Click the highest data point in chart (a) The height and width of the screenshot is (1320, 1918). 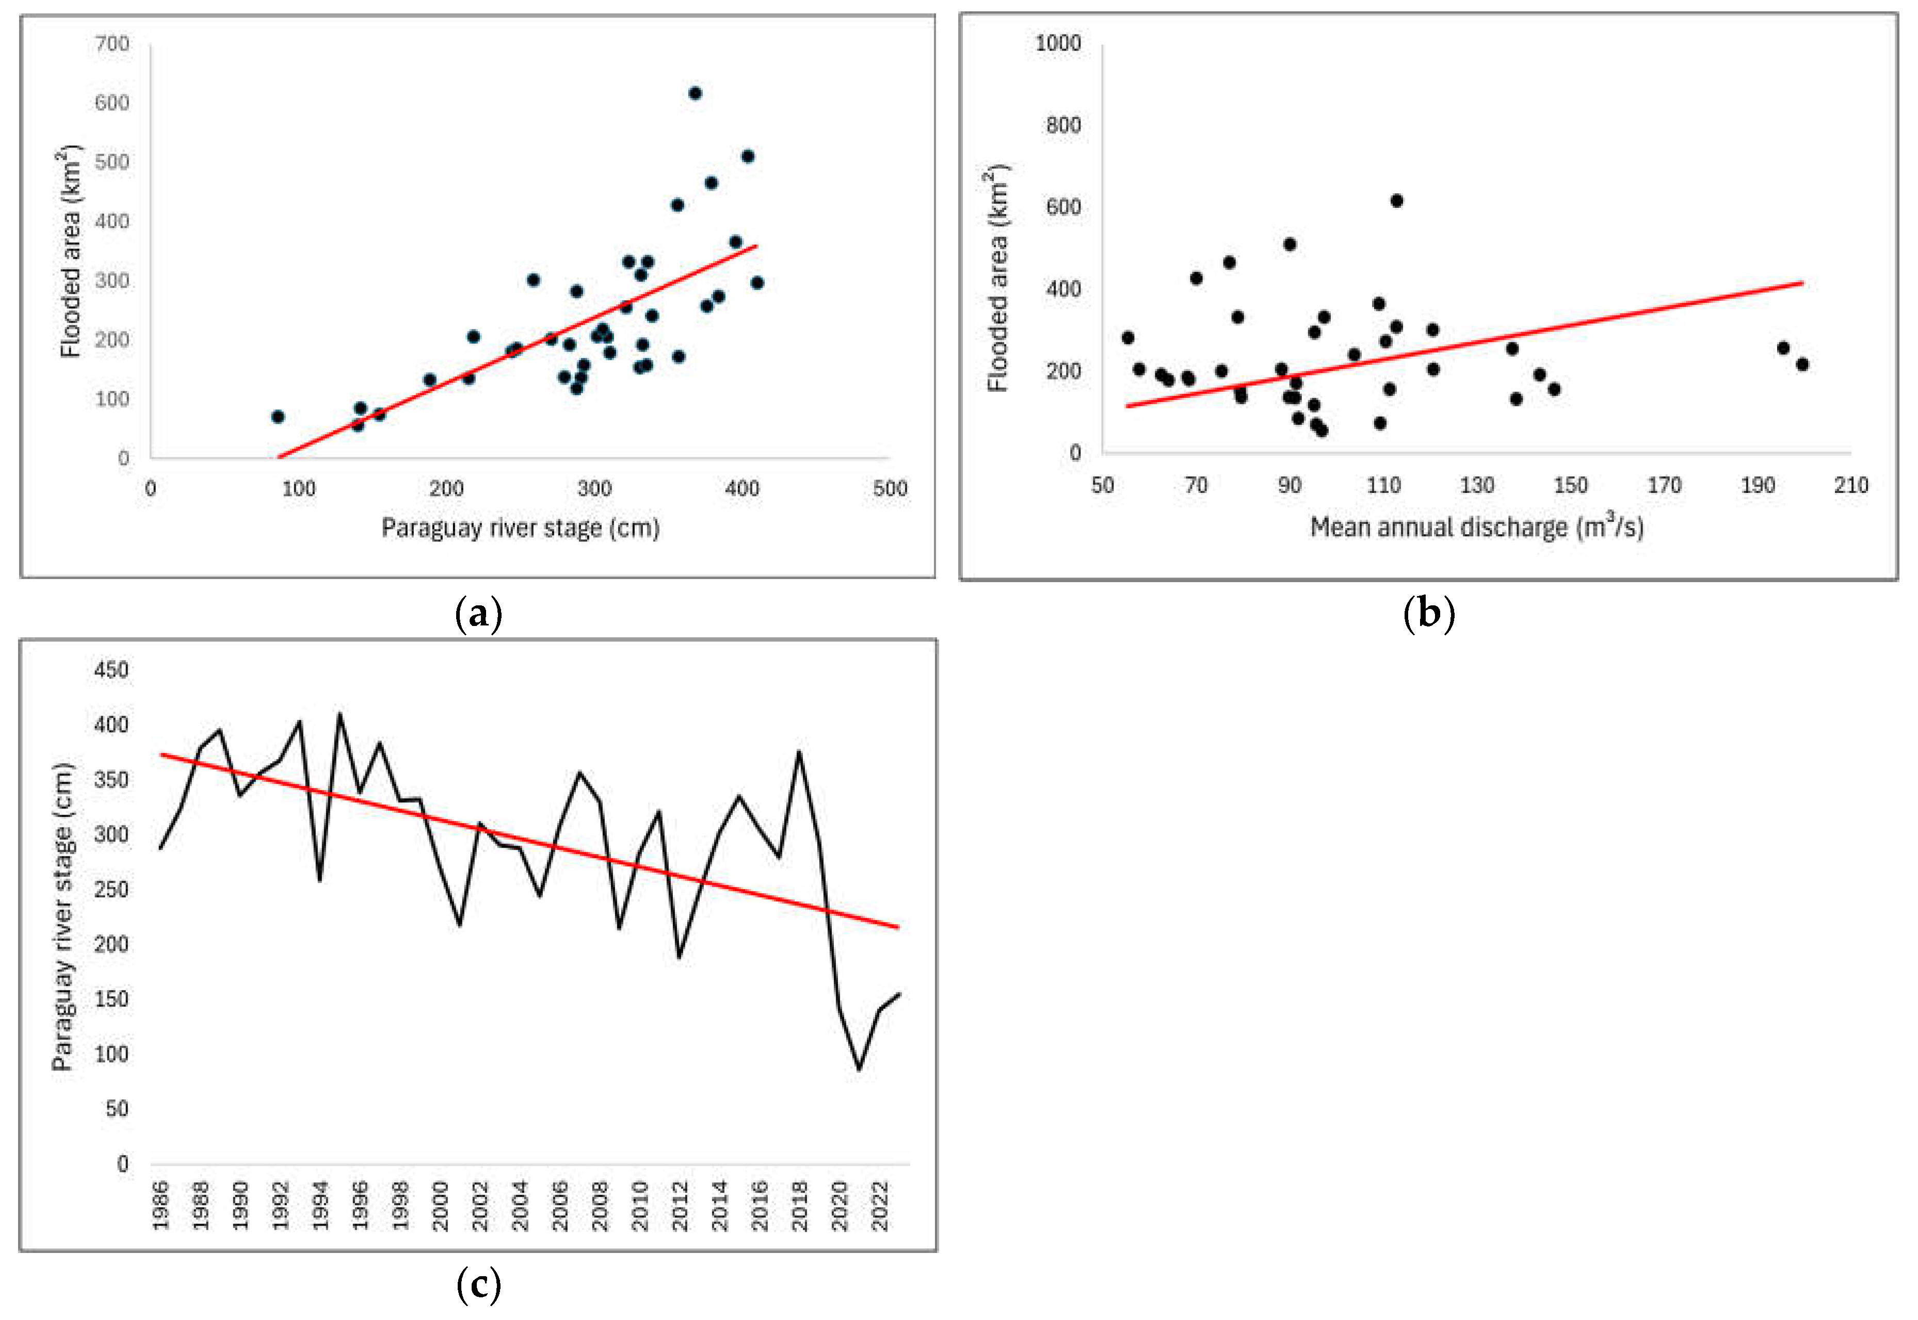point(695,93)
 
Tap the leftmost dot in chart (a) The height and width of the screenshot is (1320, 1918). point(278,417)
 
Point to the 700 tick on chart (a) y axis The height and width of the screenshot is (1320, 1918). point(112,44)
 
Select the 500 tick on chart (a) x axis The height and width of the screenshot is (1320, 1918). point(890,489)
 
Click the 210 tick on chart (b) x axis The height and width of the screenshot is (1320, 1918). point(1850,486)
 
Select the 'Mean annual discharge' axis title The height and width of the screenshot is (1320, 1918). point(1476,527)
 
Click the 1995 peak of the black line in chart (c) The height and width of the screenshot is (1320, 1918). point(339,715)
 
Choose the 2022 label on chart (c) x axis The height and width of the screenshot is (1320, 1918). point(880,1206)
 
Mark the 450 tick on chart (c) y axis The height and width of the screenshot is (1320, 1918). point(111,670)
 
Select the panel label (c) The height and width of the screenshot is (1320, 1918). point(478,1284)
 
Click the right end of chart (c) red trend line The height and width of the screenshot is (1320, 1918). point(898,927)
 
